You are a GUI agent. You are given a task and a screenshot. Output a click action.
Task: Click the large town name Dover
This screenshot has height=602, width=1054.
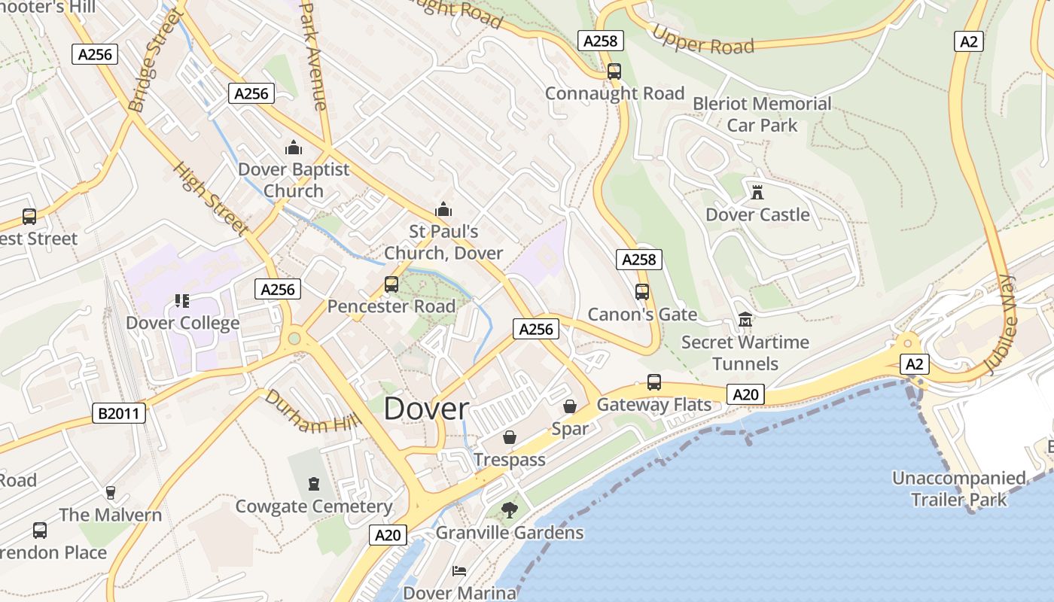coord(426,409)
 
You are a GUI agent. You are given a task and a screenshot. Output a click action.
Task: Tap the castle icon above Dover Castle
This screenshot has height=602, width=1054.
coord(757,192)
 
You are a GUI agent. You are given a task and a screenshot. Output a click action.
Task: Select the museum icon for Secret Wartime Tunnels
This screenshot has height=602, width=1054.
coord(745,320)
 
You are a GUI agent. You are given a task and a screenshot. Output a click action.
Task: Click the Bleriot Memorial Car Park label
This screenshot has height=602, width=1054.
coord(762,114)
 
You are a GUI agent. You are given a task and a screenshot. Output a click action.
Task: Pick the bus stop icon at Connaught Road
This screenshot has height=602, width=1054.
coord(614,71)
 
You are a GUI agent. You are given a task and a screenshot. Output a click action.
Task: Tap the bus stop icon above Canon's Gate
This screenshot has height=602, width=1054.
coord(642,292)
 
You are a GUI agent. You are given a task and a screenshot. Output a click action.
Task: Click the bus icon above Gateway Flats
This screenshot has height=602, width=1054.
coord(654,382)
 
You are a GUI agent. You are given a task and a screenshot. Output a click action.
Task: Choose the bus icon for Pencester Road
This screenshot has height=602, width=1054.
coord(391,284)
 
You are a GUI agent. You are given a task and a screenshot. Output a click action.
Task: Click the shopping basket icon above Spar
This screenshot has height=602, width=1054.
coord(570,406)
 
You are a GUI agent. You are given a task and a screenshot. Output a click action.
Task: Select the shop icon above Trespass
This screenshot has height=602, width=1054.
coord(510,437)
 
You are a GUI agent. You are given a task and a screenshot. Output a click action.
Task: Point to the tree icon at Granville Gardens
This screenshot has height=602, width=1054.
coord(510,510)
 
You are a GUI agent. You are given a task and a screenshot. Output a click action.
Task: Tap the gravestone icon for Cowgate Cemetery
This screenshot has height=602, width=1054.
coord(314,484)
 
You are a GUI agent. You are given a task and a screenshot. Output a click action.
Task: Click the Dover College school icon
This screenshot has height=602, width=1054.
coord(181,301)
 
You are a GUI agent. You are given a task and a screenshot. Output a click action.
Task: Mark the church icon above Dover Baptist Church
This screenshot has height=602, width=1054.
coord(294,147)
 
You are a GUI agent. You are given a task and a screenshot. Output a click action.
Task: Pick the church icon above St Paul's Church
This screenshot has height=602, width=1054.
coord(443,208)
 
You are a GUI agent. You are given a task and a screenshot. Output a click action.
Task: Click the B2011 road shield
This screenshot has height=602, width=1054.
coord(119,413)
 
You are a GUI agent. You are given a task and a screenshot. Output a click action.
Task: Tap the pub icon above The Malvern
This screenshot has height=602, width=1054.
coord(111,493)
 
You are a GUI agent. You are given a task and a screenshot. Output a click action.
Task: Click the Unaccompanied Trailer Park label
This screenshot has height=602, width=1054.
coord(959,488)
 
